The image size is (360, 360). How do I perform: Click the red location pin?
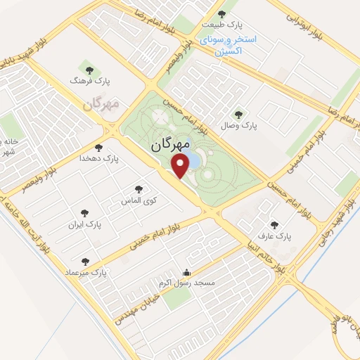(x=181, y=167)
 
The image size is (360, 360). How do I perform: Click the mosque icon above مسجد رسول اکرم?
(x=186, y=273)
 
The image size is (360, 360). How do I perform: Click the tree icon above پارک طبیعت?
(x=221, y=13)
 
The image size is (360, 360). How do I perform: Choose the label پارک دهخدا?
(x=102, y=160)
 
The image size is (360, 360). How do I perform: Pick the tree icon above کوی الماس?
(x=139, y=189)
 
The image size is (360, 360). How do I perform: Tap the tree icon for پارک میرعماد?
(x=85, y=262)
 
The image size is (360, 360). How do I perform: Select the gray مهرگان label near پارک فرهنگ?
(x=101, y=103)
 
